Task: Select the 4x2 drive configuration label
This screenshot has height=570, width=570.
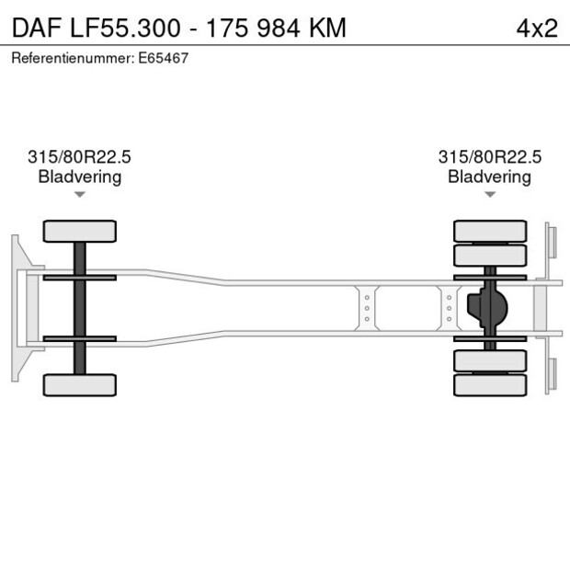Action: (x=537, y=28)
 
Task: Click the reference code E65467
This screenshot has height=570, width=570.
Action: (x=165, y=58)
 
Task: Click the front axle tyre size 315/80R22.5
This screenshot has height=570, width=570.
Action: (x=80, y=157)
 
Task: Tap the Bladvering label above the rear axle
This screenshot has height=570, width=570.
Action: (x=489, y=177)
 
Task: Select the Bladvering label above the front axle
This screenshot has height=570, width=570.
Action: (x=80, y=177)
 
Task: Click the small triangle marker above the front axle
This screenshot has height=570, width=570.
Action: (x=80, y=194)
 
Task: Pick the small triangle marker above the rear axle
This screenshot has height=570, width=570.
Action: (x=490, y=194)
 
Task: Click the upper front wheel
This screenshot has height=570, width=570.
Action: (x=80, y=231)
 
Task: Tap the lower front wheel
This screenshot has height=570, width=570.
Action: (x=80, y=384)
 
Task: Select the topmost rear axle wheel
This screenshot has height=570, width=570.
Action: (x=490, y=231)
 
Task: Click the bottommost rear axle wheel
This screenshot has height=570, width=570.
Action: (x=490, y=384)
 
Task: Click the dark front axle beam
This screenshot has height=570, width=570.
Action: (x=80, y=308)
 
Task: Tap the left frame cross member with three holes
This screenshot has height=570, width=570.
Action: (x=367, y=308)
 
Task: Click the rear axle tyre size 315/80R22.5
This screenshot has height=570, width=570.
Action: (x=490, y=157)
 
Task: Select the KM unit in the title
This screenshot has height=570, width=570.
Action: (x=326, y=28)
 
